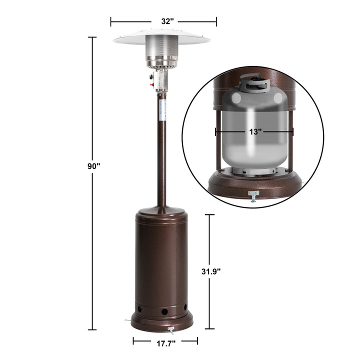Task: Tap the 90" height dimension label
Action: pyautogui.click(x=93, y=166)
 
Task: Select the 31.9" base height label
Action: pyautogui.click(x=211, y=271)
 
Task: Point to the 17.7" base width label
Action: pyautogui.click(x=166, y=343)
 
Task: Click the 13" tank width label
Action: pyautogui.click(x=255, y=132)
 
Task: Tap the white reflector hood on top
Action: pyautogui.click(x=162, y=37)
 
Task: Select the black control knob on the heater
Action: pyautogui.click(x=151, y=76)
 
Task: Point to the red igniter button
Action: pyautogui.click(x=152, y=84)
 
